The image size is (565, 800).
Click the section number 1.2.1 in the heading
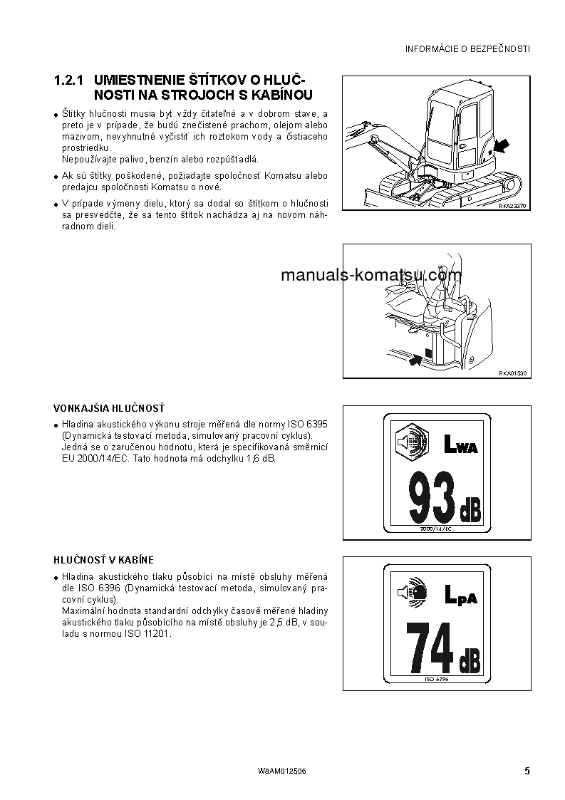(70, 80)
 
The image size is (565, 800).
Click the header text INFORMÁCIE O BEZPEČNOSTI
(467, 49)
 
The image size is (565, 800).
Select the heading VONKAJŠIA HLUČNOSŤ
(109, 408)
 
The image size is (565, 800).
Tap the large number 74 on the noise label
(430, 648)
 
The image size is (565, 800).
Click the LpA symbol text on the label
(460, 596)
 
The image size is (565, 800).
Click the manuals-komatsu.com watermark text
(370, 276)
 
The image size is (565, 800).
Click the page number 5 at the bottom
(527, 771)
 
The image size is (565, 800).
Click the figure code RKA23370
(512, 206)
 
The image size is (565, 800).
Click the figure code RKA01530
(512, 373)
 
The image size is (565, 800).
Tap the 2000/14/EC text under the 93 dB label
(437, 530)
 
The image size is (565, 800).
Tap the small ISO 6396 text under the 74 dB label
(437, 680)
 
